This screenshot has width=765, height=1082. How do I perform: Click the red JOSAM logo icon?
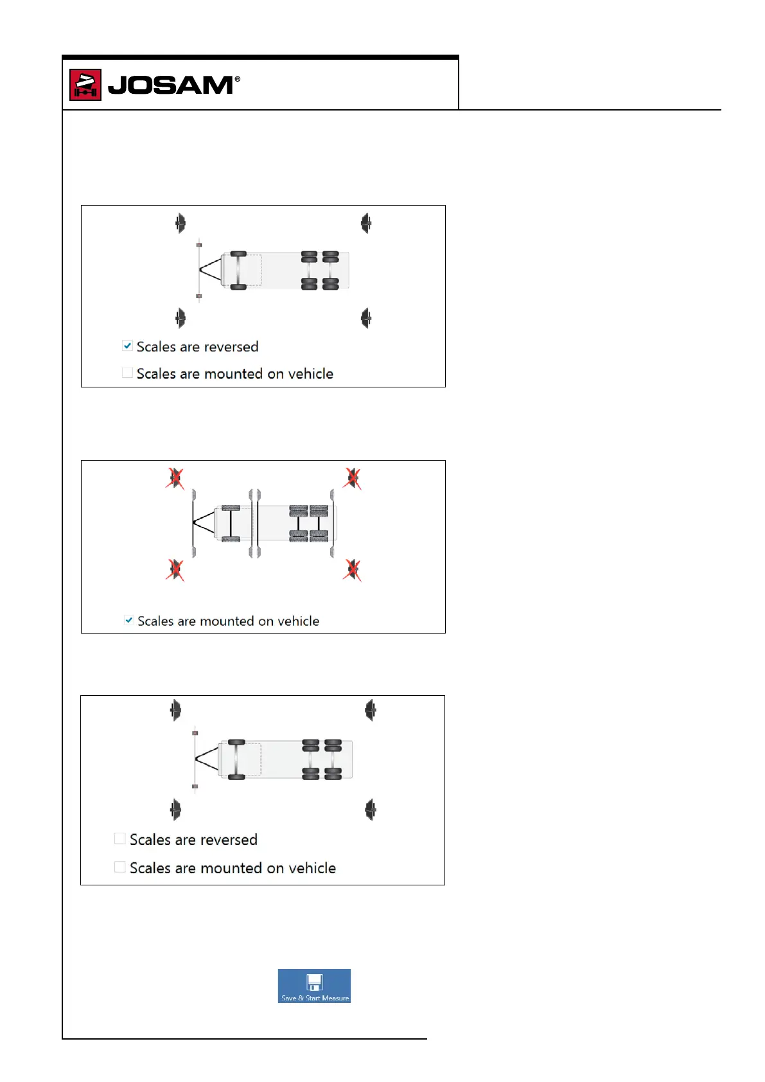click(85, 85)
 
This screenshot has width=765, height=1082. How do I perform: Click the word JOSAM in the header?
click(170, 85)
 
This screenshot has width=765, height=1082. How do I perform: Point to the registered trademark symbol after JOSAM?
click(238, 79)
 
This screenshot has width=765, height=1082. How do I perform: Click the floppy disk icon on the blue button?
click(314, 982)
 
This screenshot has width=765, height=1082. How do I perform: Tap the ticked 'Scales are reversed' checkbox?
click(128, 346)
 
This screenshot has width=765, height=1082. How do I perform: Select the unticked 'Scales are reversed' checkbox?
click(119, 838)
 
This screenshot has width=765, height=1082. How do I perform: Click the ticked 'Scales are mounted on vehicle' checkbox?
click(129, 621)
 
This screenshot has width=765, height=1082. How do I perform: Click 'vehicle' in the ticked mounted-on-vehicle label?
click(298, 621)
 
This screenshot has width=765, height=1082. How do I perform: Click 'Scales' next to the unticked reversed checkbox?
click(150, 840)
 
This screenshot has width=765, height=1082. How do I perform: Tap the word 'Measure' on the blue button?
click(335, 998)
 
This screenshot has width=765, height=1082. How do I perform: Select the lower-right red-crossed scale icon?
click(352, 570)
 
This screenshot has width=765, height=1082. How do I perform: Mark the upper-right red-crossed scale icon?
click(352, 479)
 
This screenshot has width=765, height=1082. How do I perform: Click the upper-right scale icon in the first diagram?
click(366, 224)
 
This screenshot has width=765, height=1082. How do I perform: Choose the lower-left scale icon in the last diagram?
click(175, 810)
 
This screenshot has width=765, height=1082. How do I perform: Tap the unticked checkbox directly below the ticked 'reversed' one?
click(128, 373)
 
